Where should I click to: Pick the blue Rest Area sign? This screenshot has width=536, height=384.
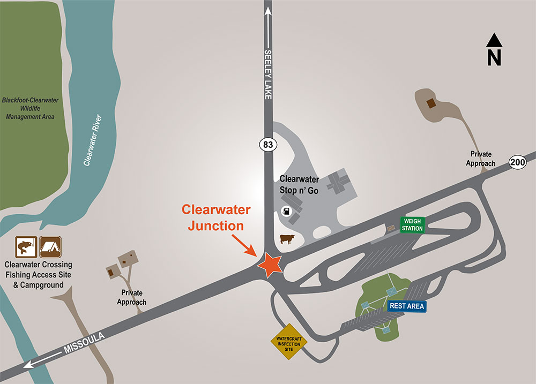coord(407,306)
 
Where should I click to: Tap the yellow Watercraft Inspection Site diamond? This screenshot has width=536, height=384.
coord(289,341)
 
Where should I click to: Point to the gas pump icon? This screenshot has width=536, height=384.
coord(288,210)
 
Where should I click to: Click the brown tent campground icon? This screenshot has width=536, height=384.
coord(51,247)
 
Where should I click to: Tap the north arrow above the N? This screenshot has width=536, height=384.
coord(494,41)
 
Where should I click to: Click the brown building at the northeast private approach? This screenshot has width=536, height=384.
coord(430,103)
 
